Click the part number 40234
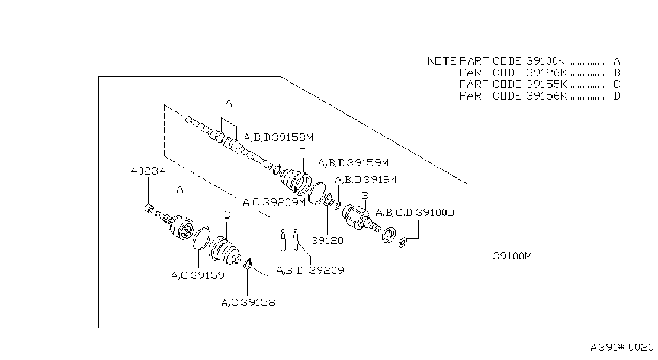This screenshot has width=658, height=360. (x=148, y=171)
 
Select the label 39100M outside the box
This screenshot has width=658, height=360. (x=512, y=256)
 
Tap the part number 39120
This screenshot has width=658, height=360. (x=327, y=241)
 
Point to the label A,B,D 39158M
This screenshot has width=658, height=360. (x=279, y=138)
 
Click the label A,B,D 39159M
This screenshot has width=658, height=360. (x=353, y=163)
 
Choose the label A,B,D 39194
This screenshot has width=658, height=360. (x=366, y=179)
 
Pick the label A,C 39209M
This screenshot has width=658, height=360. (x=274, y=202)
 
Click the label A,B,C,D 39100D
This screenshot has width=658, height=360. (x=415, y=213)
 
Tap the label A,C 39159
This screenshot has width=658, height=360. (x=198, y=275)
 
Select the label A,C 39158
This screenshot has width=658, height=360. (x=248, y=302)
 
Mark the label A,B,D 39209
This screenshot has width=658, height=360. (x=310, y=271)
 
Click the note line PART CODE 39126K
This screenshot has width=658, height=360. (x=513, y=72)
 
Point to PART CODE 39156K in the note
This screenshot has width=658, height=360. (x=513, y=96)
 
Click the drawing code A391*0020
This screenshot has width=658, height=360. (x=622, y=348)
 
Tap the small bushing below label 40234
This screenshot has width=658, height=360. (x=149, y=208)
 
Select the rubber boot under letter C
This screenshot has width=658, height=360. (x=225, y=250)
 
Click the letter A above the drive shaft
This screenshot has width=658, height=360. (x=229, y=103)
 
